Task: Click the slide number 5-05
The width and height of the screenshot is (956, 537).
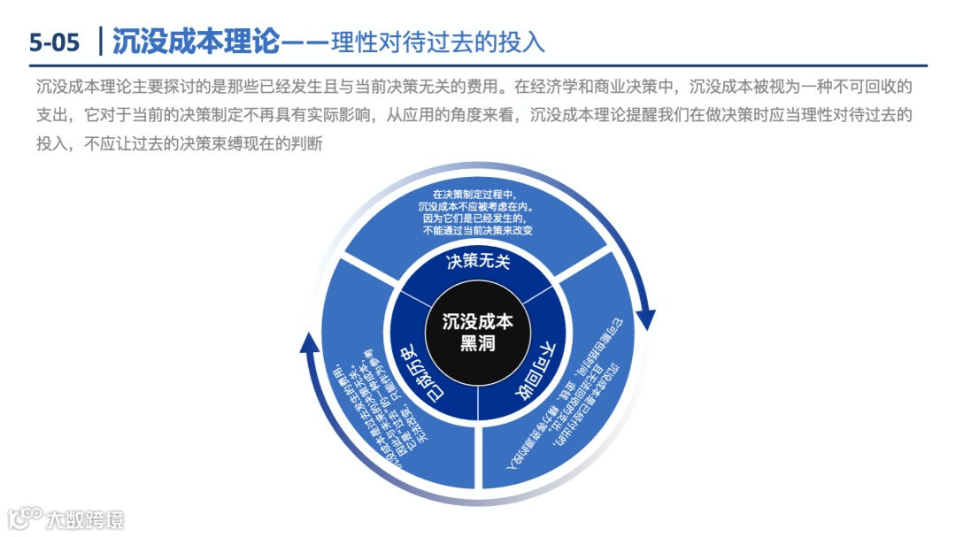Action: point(54,41)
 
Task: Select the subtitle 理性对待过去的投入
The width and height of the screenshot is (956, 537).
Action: point(437,42)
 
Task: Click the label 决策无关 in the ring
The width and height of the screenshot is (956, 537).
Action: point(479,261)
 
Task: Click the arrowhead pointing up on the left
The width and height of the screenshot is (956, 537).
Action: point(309,341)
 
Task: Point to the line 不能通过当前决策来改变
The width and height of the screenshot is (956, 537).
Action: point(478,230)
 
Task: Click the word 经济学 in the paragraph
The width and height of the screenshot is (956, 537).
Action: point(559,88)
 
